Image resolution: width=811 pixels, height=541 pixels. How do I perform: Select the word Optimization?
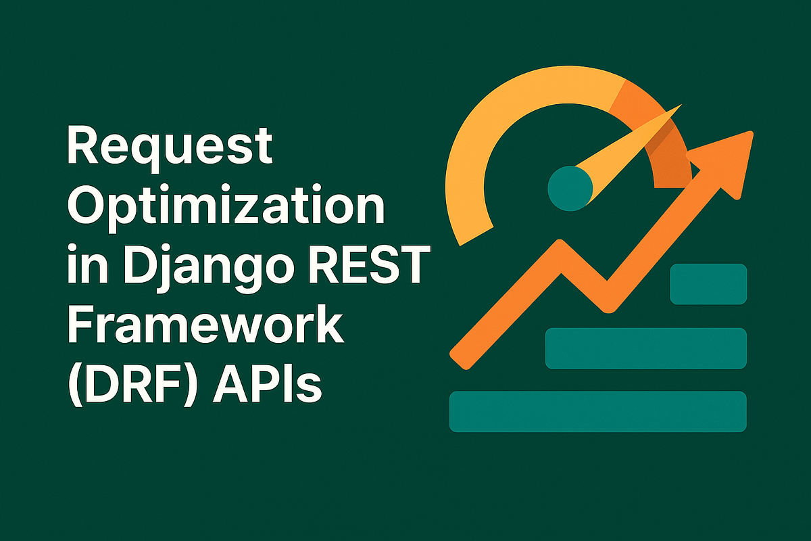coord(226,208)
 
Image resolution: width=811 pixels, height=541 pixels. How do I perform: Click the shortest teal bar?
coord(708,285)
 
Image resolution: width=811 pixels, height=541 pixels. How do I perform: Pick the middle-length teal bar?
coord(645,348)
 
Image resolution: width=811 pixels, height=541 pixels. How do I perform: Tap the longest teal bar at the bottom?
coord(597,411)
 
